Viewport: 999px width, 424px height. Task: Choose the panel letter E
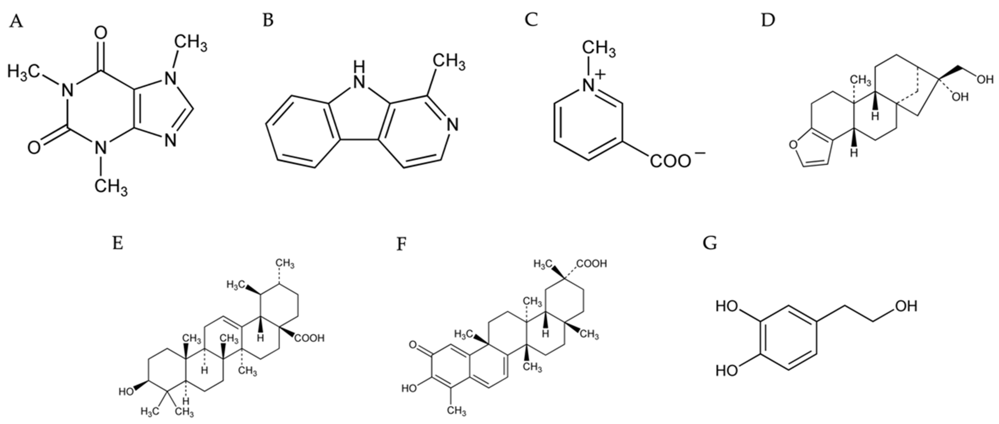pyautogui.click(x=117, y=243)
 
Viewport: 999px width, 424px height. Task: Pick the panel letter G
pyautogui.click(x=710, y=243)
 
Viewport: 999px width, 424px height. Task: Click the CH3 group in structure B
pyautogui.click(x=449, y=62)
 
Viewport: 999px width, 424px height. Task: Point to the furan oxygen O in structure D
pyautogui.click(x=794, y=145)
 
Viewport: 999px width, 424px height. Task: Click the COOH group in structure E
pyautogui.click(x=310, y=338)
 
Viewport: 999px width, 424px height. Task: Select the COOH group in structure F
pyautogui.click(x=591, y=264)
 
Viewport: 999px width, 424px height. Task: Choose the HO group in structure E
pyautogui.click(x=126, y=391)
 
